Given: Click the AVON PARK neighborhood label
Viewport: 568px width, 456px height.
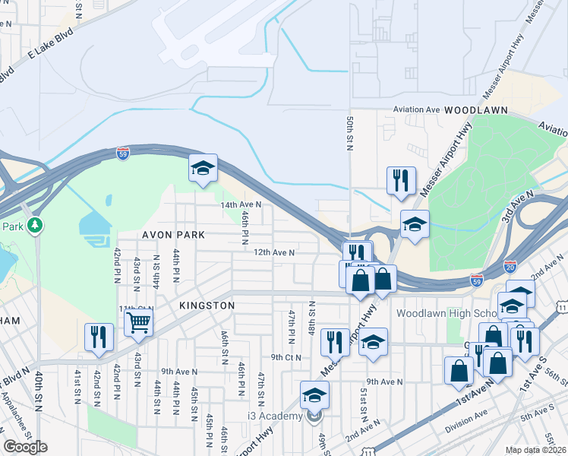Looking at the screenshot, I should [173, 235].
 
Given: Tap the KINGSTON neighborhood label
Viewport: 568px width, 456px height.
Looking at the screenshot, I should [207, 305].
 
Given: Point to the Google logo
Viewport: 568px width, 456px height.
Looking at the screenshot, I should [25, 447].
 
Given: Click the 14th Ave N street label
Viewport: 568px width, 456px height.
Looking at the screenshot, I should [241, 204].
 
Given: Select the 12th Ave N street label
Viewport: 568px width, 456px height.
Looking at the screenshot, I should [274, 252].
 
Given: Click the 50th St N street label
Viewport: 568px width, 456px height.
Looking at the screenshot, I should [350, 133].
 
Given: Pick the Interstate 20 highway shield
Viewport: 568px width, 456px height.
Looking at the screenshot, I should [510, 268].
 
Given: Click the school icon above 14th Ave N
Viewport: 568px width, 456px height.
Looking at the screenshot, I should [204, 169].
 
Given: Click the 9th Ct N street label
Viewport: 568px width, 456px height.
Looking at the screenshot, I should [286, 356].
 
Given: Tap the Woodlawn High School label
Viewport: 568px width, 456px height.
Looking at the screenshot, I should [440, 313].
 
